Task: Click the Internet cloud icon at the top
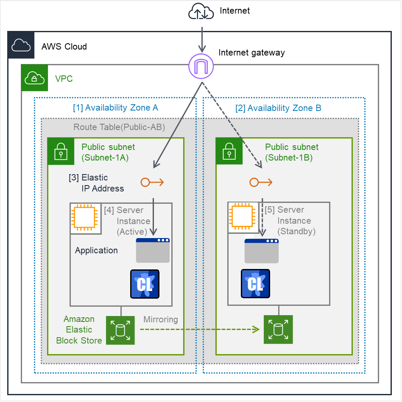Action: (x=201, y=11)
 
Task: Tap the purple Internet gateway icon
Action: (x=201, y=66)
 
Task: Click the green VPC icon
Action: (x=35, y=78)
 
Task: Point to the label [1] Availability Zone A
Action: (x=115, y=108)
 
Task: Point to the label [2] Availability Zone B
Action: (x=278, y=108)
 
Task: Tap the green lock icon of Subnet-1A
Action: (x=61, y=151)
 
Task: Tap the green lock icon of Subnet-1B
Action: (x=229, y=151)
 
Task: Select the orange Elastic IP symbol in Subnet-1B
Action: (x=261, y=183)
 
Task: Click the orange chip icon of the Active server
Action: (x=86, y=219)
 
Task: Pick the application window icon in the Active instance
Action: (x=153, y=250)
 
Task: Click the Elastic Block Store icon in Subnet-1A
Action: (x=120, y=330)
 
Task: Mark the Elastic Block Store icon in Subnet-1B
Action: (x=278, y=329)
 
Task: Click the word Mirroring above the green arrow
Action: (x=161, y=319)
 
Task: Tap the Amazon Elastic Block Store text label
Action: (x=79, y=330)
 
